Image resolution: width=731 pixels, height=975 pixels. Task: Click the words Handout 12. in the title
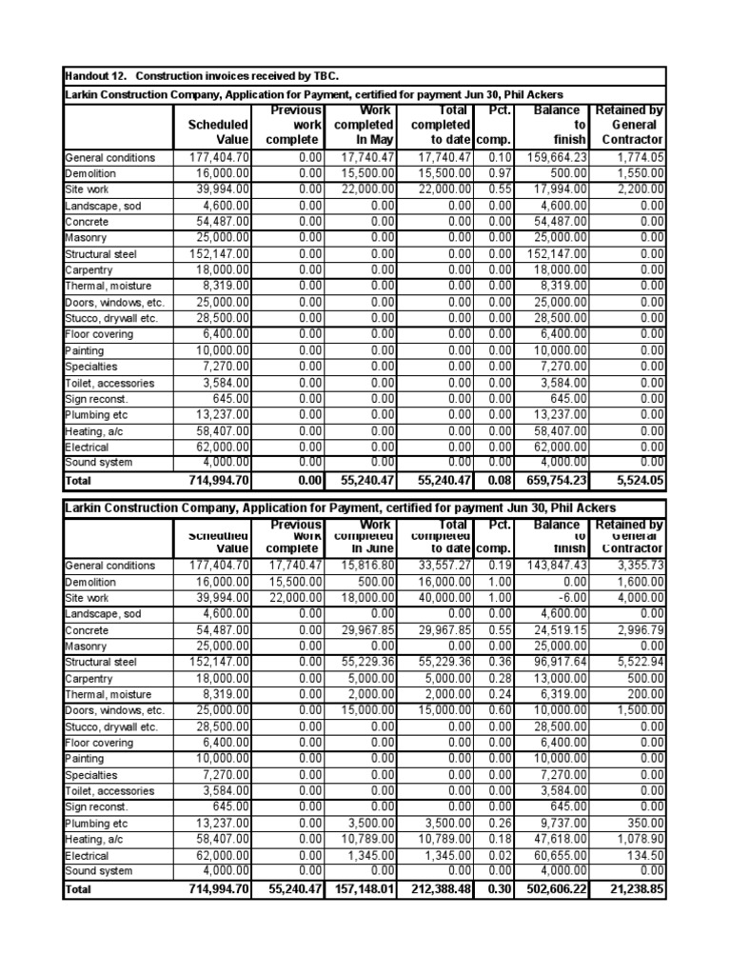click(94, 75)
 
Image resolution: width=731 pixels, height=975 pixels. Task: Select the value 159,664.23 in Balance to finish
click(552, 157)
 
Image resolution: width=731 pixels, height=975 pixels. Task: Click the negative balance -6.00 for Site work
click(569, 598)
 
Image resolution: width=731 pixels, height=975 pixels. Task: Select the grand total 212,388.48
click(438, 889)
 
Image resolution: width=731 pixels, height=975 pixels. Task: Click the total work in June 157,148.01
click(358, 889)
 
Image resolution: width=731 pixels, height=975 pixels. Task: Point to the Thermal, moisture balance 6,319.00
click(559, 694)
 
